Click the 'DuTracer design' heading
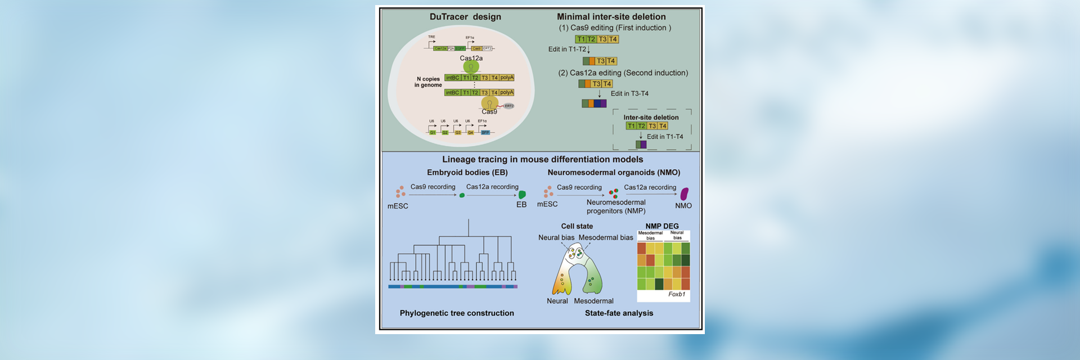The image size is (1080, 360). coord(465,17)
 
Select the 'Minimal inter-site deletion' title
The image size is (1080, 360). coord(611,17)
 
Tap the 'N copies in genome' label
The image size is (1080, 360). coord(428,82)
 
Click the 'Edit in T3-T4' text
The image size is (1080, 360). coord(629,94)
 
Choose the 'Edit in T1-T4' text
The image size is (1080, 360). coord(664,137)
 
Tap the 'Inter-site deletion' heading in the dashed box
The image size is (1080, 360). coord(651,118)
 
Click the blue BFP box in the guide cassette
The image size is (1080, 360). coord(485,133)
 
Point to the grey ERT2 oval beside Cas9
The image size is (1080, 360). coord(508,106)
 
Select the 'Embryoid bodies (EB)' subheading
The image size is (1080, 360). coord(467,173)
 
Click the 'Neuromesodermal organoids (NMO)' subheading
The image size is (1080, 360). coord(614,173)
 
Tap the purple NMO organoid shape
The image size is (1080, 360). coord(685,194)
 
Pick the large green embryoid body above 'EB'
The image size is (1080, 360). coord(522,195)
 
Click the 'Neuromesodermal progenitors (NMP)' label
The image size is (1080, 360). coord(616,206)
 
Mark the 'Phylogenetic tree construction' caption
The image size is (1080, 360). coord(457,313)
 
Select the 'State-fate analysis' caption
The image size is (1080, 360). coord(619,313)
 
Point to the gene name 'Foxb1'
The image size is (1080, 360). coord(676,294)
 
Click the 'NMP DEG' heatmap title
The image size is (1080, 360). coord(662,226)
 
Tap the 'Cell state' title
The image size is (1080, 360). coord(577,226)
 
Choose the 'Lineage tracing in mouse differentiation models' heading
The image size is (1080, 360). coord(542,160)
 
